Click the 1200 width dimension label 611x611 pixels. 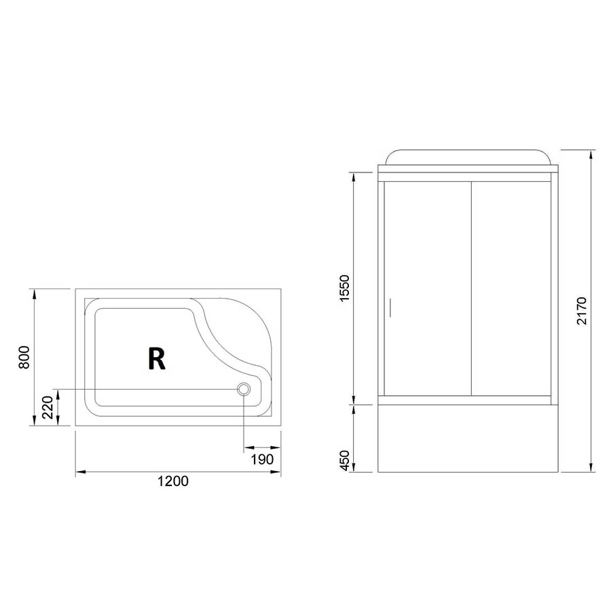coord(173,481)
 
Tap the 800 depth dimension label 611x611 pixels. coord(24,357)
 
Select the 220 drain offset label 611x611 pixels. coord(47,407)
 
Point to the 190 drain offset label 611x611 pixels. coord(262,460)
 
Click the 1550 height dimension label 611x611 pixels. coord(345,288)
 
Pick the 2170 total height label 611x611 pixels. coord(581,310)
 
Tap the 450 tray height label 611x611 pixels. coord(345,460)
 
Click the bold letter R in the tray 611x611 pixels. coord(157,358)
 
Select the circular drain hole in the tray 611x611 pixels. coord(244,388)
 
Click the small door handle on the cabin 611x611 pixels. coord(390,307)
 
